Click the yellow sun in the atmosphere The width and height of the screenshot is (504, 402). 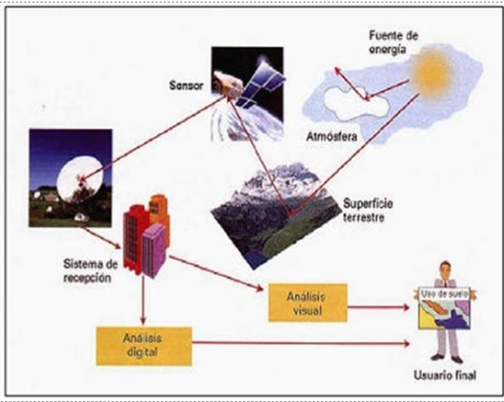432,72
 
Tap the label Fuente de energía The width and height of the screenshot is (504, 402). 393,43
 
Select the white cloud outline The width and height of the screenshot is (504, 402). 356,103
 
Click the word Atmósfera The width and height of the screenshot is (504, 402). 332,136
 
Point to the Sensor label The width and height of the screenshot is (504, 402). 186,85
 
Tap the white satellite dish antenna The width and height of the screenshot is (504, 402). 80,179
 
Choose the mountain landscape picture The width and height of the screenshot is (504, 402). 276,215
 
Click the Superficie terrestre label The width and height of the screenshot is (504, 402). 368,211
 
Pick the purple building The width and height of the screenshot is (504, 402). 153,251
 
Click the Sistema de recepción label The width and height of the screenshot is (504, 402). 90,271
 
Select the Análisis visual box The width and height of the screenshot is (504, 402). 308,303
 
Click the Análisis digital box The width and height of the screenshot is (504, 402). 144,346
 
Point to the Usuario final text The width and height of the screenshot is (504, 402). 445,375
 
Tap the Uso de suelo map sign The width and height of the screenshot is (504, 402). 445,308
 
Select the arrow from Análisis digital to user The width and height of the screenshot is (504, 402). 300,343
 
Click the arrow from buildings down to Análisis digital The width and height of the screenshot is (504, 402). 143,300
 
